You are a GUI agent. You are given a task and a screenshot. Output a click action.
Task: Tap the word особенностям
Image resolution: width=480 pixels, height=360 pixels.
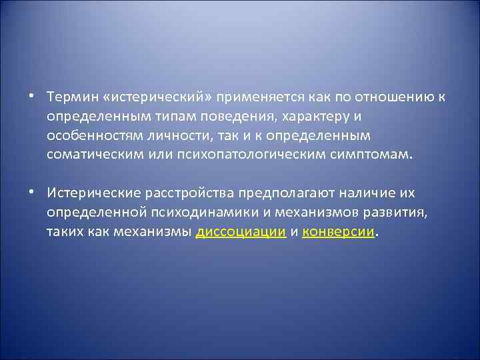tap(93, 135)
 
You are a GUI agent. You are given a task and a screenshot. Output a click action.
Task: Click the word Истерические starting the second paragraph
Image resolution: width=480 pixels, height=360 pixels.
tap(90, 193)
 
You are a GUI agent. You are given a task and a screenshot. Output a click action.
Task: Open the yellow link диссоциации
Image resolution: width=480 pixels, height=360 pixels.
tap(241, 231)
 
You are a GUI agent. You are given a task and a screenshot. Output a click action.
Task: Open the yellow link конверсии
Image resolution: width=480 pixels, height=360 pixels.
tap(339, 231)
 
